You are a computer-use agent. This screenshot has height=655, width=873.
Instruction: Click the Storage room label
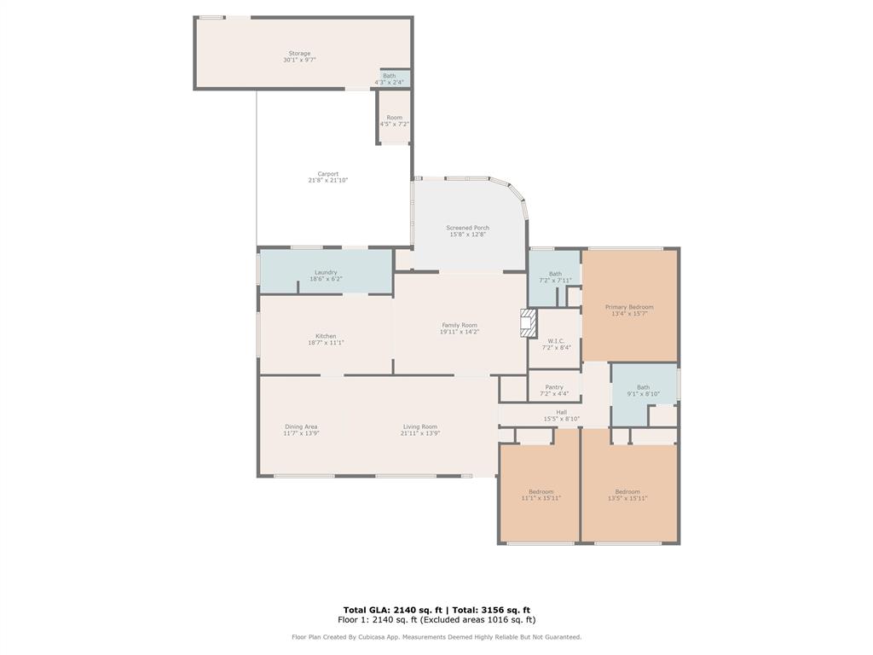pyautogui.click(x=298, y=57)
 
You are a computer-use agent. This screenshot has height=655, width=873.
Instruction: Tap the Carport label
pyautogui.click(x=328, y=177)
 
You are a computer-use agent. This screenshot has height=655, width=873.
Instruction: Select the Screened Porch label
pyautogui.click(x=467, y=231)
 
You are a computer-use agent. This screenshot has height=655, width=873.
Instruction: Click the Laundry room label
pyautogui.click(x=326, y=275)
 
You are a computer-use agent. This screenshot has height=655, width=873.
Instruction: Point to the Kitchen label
pyautogui.click(x=326, y=339)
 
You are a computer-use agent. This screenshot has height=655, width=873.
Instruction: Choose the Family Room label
pyautogui.click(x=460, y=328)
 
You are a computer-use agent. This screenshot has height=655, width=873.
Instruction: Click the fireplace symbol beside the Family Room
pyautogui.click(x=529, y=324)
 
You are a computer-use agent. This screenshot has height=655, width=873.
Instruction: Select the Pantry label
pyautogui.click(x=554, y=391)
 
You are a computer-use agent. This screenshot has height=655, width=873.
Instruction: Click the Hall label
pyautogui.click(x=561, y=415)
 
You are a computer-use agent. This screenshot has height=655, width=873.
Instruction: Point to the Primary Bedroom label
pyautogui.click(x=629, y=310)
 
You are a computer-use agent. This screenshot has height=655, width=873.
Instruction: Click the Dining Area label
pyautogui.click(x=301, y=430)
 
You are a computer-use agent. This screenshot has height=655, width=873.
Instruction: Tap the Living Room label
pyautogui.click(x=420, y=430)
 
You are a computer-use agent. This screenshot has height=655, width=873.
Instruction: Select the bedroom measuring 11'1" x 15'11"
pyautogui.click(x=541, y=495)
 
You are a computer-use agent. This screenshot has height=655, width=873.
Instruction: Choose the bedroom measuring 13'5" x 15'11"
pyautogui.click(x=627, y=495)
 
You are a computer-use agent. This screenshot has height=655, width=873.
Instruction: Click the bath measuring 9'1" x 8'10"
pyautogui.click(x=643, y=391)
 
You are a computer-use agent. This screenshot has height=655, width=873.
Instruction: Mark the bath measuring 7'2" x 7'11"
pyautogui.click(x=555, y=277)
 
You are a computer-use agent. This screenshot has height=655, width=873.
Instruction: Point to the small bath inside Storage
pyautogui.click(x=390, y=79)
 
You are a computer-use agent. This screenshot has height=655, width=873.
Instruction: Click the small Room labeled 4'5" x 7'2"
pyautogui.click(x=394, y=121)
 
